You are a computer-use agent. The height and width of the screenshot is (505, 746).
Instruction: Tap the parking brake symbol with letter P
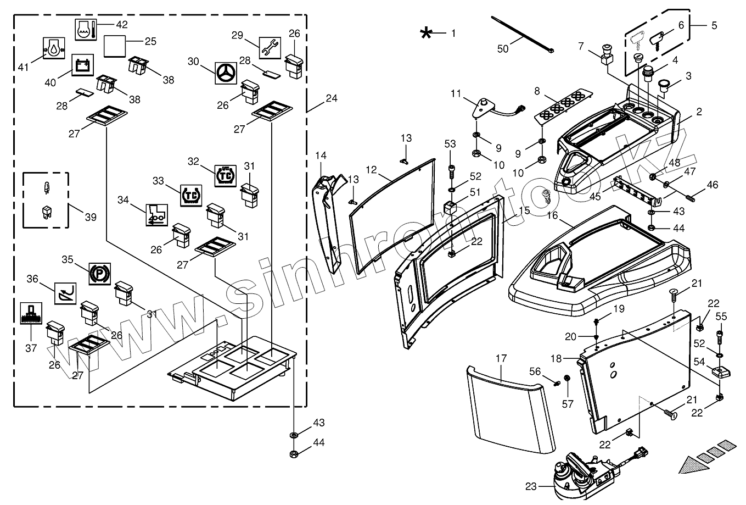100,273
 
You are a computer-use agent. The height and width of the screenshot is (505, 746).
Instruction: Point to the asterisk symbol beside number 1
426,34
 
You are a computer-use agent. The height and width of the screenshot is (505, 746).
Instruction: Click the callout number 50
503,48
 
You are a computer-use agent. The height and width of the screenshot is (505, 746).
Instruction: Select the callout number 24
331,98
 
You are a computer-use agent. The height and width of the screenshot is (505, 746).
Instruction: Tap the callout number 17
501,359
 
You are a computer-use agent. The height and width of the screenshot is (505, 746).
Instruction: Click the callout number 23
531,486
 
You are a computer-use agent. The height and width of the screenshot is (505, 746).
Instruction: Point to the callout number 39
91,217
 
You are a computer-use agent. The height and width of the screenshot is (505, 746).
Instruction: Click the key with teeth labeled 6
659,41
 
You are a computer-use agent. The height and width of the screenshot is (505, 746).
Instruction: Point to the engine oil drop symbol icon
54,48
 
